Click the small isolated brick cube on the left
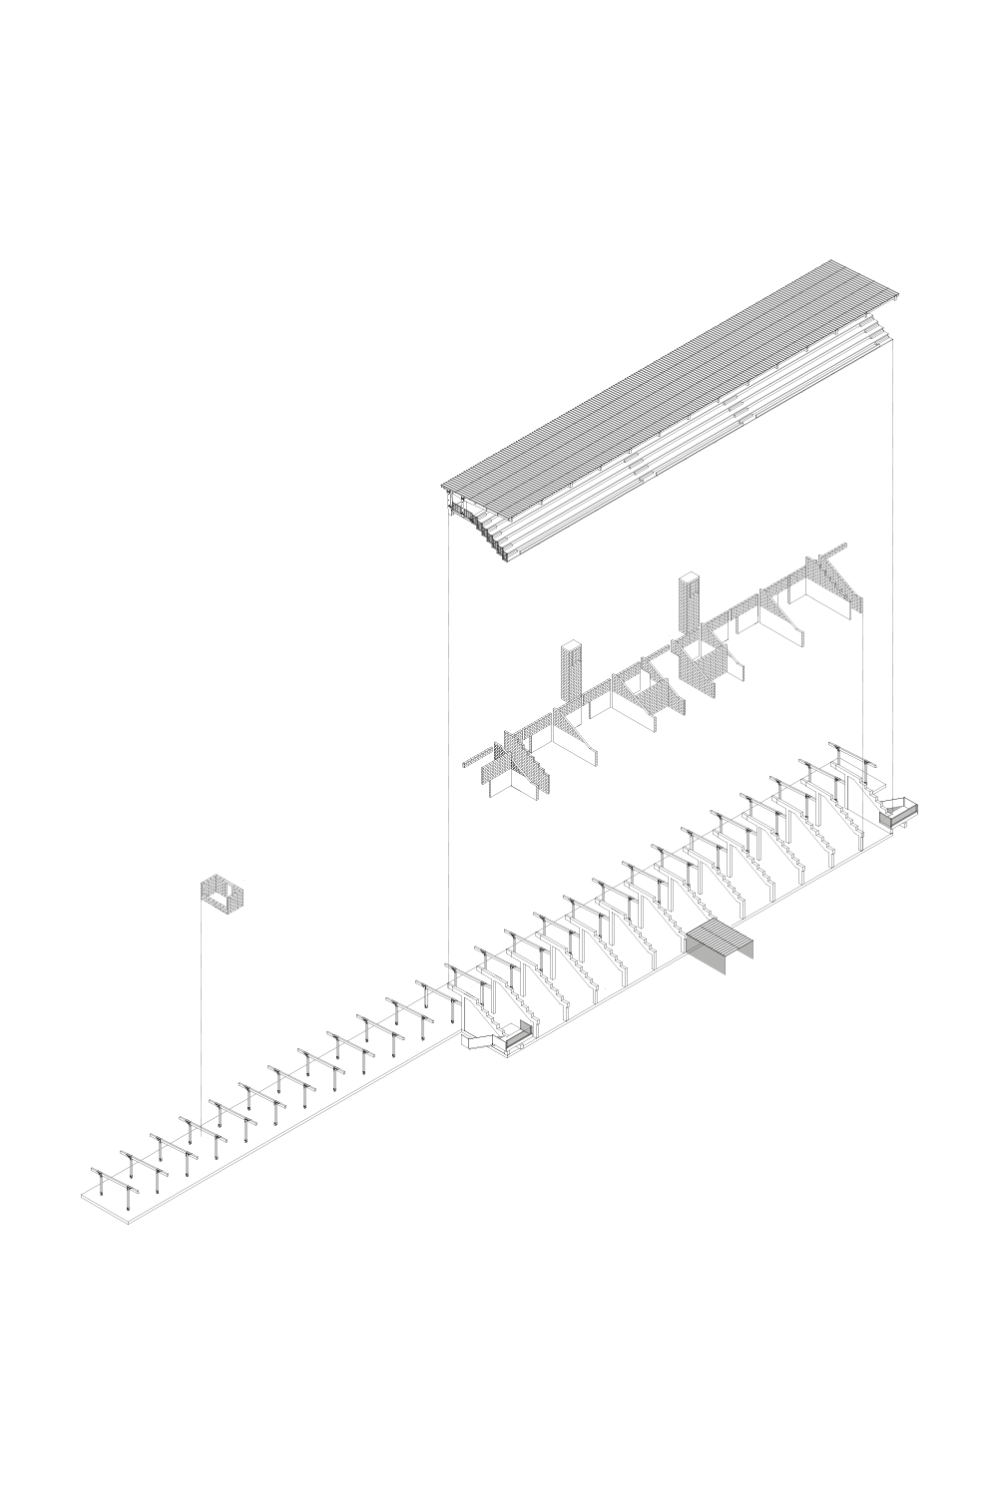(224, 893)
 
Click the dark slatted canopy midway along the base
(721, 940)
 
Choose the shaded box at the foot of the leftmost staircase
(517, 1037)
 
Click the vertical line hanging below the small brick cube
(201, 997)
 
